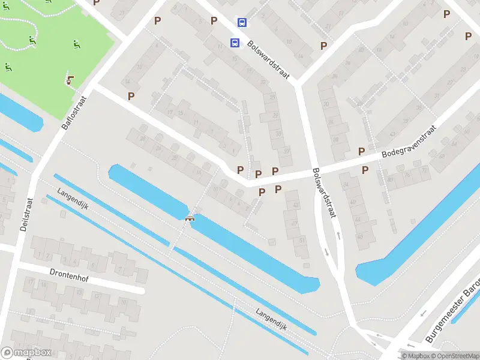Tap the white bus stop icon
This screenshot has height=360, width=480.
242,23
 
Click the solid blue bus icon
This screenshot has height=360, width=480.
235,43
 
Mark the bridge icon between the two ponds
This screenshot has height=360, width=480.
190,218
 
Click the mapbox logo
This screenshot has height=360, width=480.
26,353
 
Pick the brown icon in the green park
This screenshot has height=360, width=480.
70,79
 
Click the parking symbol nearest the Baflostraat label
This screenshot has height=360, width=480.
131,95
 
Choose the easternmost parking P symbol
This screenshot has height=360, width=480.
468,36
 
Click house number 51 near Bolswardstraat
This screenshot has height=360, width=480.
301,240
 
